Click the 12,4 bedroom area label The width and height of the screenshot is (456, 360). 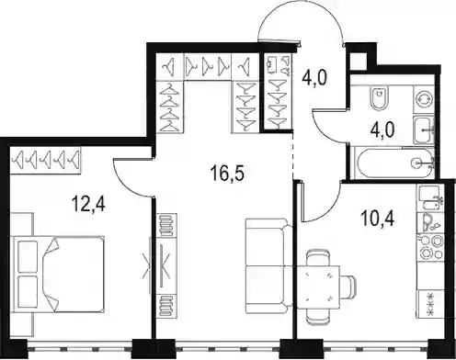click(x=89, y=204)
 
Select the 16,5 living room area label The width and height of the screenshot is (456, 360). click(x=227, y=174)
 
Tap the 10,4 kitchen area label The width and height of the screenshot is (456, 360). click(x=377, y=218)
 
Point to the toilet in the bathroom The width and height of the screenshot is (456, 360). click(x=379, y=98)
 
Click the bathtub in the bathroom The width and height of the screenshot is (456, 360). click(x=393, y=163)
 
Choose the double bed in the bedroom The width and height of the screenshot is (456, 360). click(x=57, y=275)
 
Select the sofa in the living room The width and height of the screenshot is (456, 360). click(x=269, y=265)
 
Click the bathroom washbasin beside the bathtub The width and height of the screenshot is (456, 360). click(x=424, y=129)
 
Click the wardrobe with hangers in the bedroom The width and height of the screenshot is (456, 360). click(x=45, y=160)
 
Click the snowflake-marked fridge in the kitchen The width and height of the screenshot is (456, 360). click(x=430, y=304)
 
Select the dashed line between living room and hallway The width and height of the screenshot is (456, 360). click(x=293, y=155)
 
